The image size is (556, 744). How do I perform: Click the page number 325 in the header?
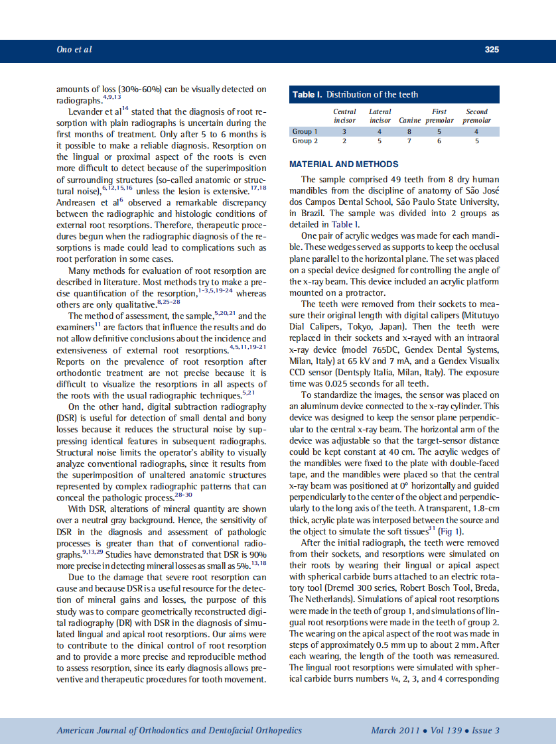click(x=492, y=50)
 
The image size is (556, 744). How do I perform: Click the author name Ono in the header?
click(x=64, y=50)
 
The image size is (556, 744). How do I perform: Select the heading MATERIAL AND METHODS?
click(x=344, y=164)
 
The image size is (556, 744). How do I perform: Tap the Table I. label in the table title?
click(x=307, y=95)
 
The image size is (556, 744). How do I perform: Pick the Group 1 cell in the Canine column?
click(x=409, y=132)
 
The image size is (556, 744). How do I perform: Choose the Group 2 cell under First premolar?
click(x=439, y=141)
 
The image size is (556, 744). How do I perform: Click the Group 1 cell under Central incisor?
click(x=344, y=132)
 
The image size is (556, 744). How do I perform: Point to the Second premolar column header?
click(x=476, y=116)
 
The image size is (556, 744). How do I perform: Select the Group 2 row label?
click(x=305, y=141)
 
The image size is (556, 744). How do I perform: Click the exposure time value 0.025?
click(x=346, y=383)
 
